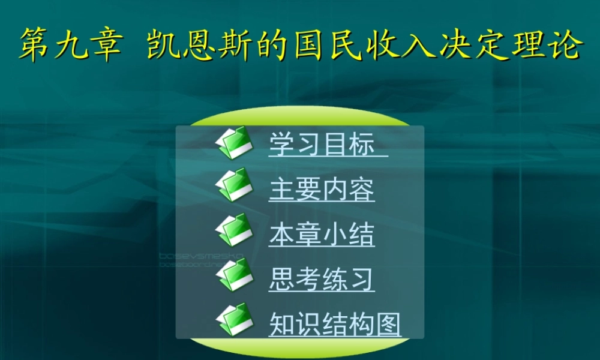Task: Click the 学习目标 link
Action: pyautogui.click(x=322, y=145)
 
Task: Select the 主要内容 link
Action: pyautogui.click(x=322, y=190)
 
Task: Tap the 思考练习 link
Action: pyautogui.click(x=322, y=280)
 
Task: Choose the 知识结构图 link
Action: pyautogui.click(x=335, y=324)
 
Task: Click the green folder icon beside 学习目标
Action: pyautogui.click(x=233, y=142)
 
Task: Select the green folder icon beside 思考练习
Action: pyautogui.click(x=233, y=275)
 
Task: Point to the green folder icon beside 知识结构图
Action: pyautogui.click(x=233, y=320)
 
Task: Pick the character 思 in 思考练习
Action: pyautogui.click(x=280, y=280)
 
